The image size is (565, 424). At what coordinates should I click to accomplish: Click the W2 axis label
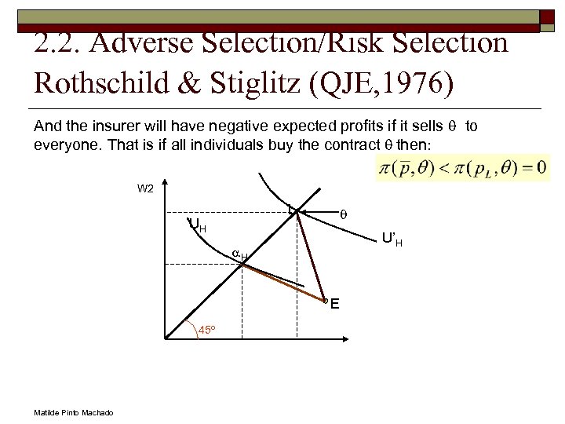pos(145,188)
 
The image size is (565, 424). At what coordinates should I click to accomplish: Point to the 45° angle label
pos(206,330)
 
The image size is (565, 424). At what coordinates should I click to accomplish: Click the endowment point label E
pos(335,304)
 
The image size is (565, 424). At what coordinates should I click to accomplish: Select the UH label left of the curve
pos(198,225)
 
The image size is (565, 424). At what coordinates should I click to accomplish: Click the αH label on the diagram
pos(239,254)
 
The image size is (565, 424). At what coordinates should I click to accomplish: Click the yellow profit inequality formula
pos(464,167)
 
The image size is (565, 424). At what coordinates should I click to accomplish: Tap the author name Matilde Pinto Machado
pos(73,413)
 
